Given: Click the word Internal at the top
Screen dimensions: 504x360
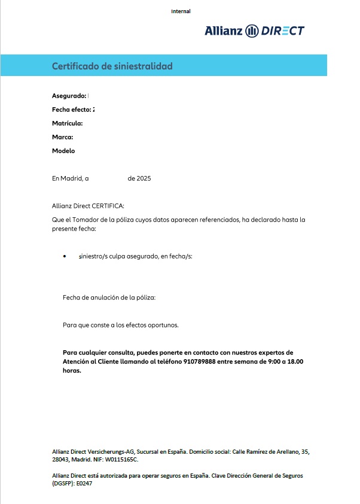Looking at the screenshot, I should (x=181, y=11).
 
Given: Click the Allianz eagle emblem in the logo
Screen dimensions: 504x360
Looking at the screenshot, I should (x=252, y=31).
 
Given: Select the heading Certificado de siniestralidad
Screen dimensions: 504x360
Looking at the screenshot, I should (x=112, y=66).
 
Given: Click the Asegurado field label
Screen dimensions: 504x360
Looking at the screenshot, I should (x=69, y=96).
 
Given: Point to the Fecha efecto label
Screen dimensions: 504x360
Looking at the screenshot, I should (x=72, y=110).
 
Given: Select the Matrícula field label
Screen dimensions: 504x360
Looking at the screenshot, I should (x=67, y=123).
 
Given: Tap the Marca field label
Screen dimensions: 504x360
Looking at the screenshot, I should (x=62, y=137).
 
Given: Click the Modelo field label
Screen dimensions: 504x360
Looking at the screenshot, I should (x=63, y=151).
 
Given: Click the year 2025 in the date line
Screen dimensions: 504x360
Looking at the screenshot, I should (x=144, y=178).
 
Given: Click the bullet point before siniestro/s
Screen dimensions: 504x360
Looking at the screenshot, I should (x=65, y=256).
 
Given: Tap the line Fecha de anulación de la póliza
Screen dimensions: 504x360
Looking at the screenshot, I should (x=109, y=297).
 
